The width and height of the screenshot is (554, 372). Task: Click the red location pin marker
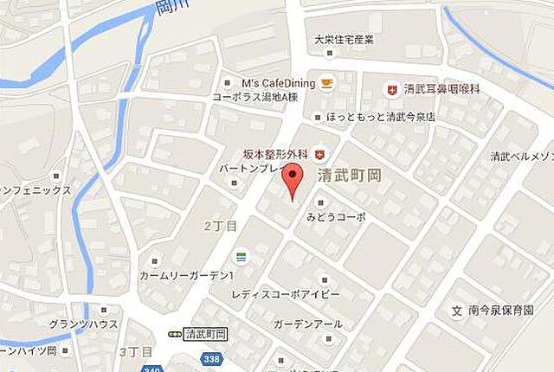click(x=295, y=180)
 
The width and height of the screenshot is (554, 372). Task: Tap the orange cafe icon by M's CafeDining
click(x=327, y=83)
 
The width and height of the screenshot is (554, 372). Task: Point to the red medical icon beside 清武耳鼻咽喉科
click(x=391, y=89)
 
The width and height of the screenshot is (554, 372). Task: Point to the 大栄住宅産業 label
click(x=344, y=39)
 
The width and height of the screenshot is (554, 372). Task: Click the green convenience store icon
click(x=241, y=258)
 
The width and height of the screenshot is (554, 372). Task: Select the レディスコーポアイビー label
click(x=285, y=294)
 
